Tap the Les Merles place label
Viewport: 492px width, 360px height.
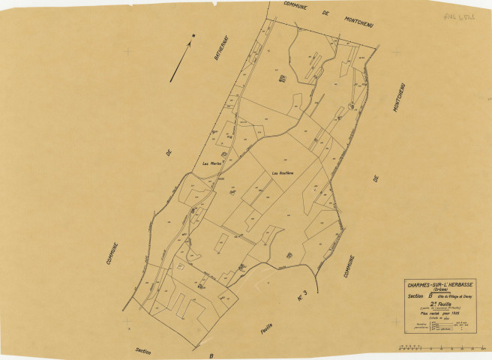point(210,163)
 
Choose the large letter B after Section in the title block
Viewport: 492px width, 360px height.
point(431,298)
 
